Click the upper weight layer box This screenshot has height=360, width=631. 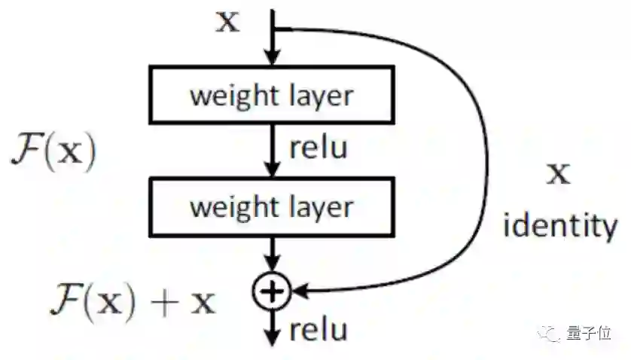coord(272,96)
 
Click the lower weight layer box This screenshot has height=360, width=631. coord(272,206)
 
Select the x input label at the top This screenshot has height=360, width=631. coord(227,23)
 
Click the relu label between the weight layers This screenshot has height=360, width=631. coord(318,148)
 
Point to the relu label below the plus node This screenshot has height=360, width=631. coord(318,330)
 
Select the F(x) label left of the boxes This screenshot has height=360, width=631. coord(53,150)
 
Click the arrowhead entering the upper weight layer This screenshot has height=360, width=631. coord(272,59)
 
